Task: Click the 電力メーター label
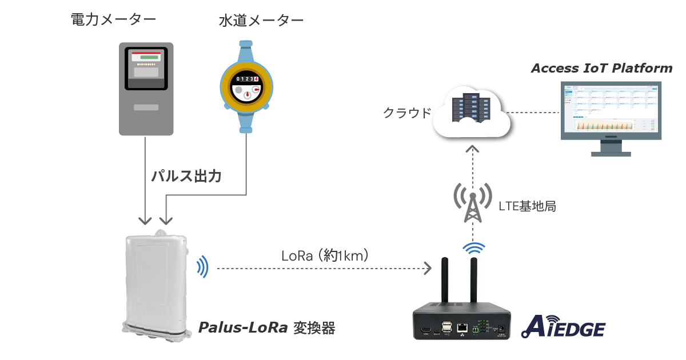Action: [113, 20]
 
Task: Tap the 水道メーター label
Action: [261, 21]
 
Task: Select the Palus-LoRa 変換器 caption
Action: [266, 328]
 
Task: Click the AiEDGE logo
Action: [563, 328]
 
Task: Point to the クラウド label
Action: [406, 113]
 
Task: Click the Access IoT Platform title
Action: [601, 69]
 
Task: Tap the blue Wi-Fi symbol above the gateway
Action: [473, 249]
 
